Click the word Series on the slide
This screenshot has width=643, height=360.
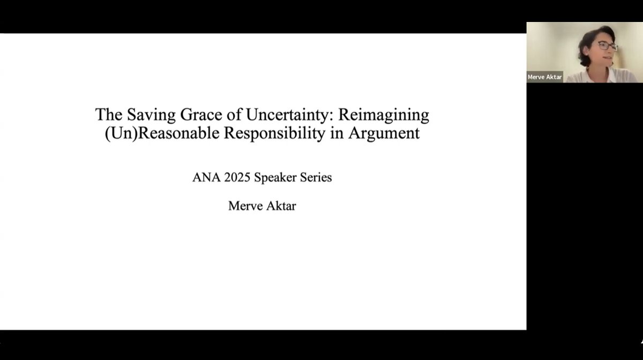(317, 177)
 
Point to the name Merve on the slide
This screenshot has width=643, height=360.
(245, 206)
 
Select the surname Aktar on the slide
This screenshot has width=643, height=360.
(280, 206)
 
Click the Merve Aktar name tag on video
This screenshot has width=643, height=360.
(544, 77)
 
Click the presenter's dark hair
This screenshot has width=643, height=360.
(590, 37)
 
